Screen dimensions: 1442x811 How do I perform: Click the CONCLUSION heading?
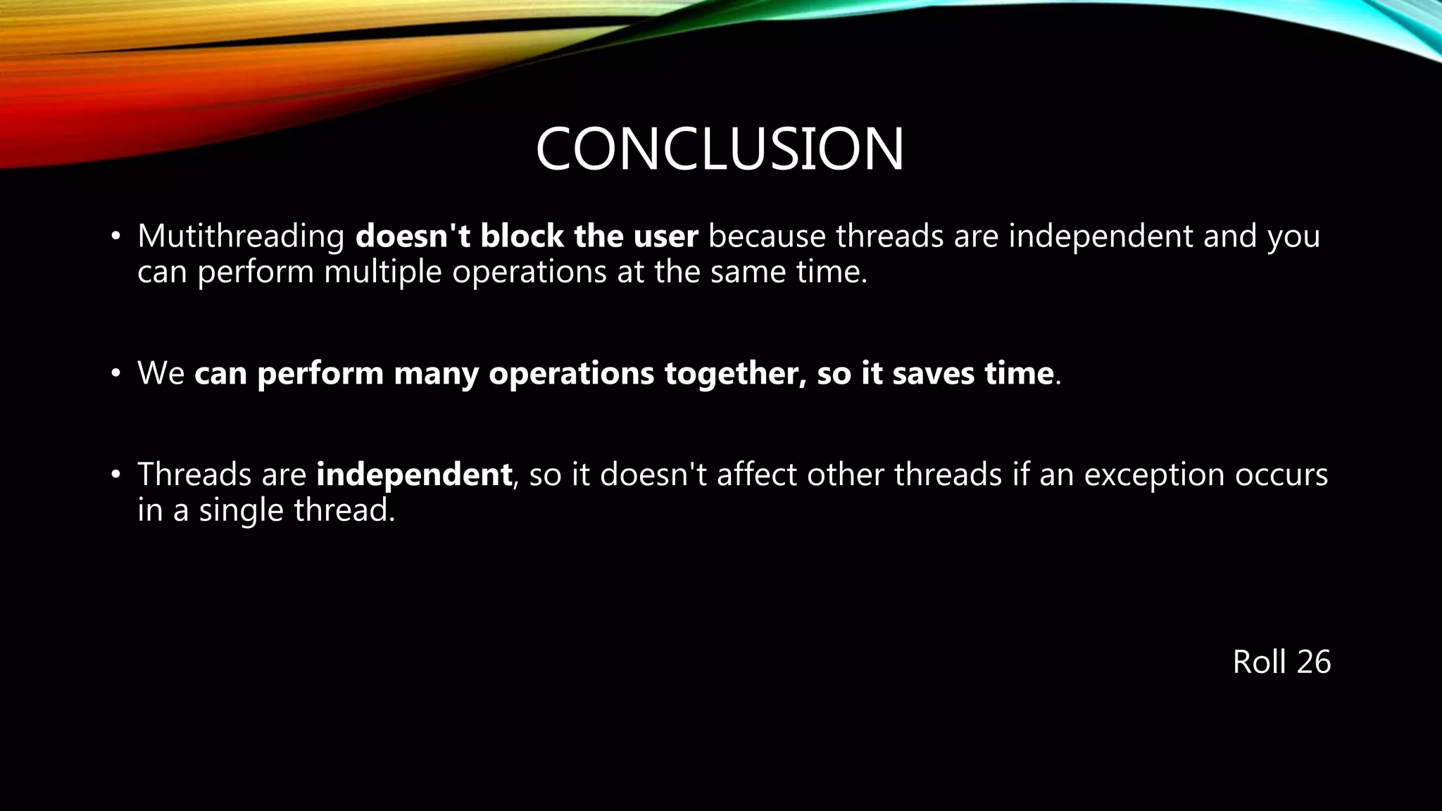pos(720,149)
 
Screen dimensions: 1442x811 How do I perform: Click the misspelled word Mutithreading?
pos(240,237)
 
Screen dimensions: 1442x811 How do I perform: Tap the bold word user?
pos(665,236)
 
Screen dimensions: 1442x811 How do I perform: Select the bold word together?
pos(735,374)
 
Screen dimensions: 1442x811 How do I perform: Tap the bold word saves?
pos(934,373)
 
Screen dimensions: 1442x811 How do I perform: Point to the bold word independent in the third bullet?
pos(414,474)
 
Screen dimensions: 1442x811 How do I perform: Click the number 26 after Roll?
pos(1313,662)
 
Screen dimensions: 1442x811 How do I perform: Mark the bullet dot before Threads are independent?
pos(115,474)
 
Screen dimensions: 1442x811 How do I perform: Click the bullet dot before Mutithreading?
pos(115,237)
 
